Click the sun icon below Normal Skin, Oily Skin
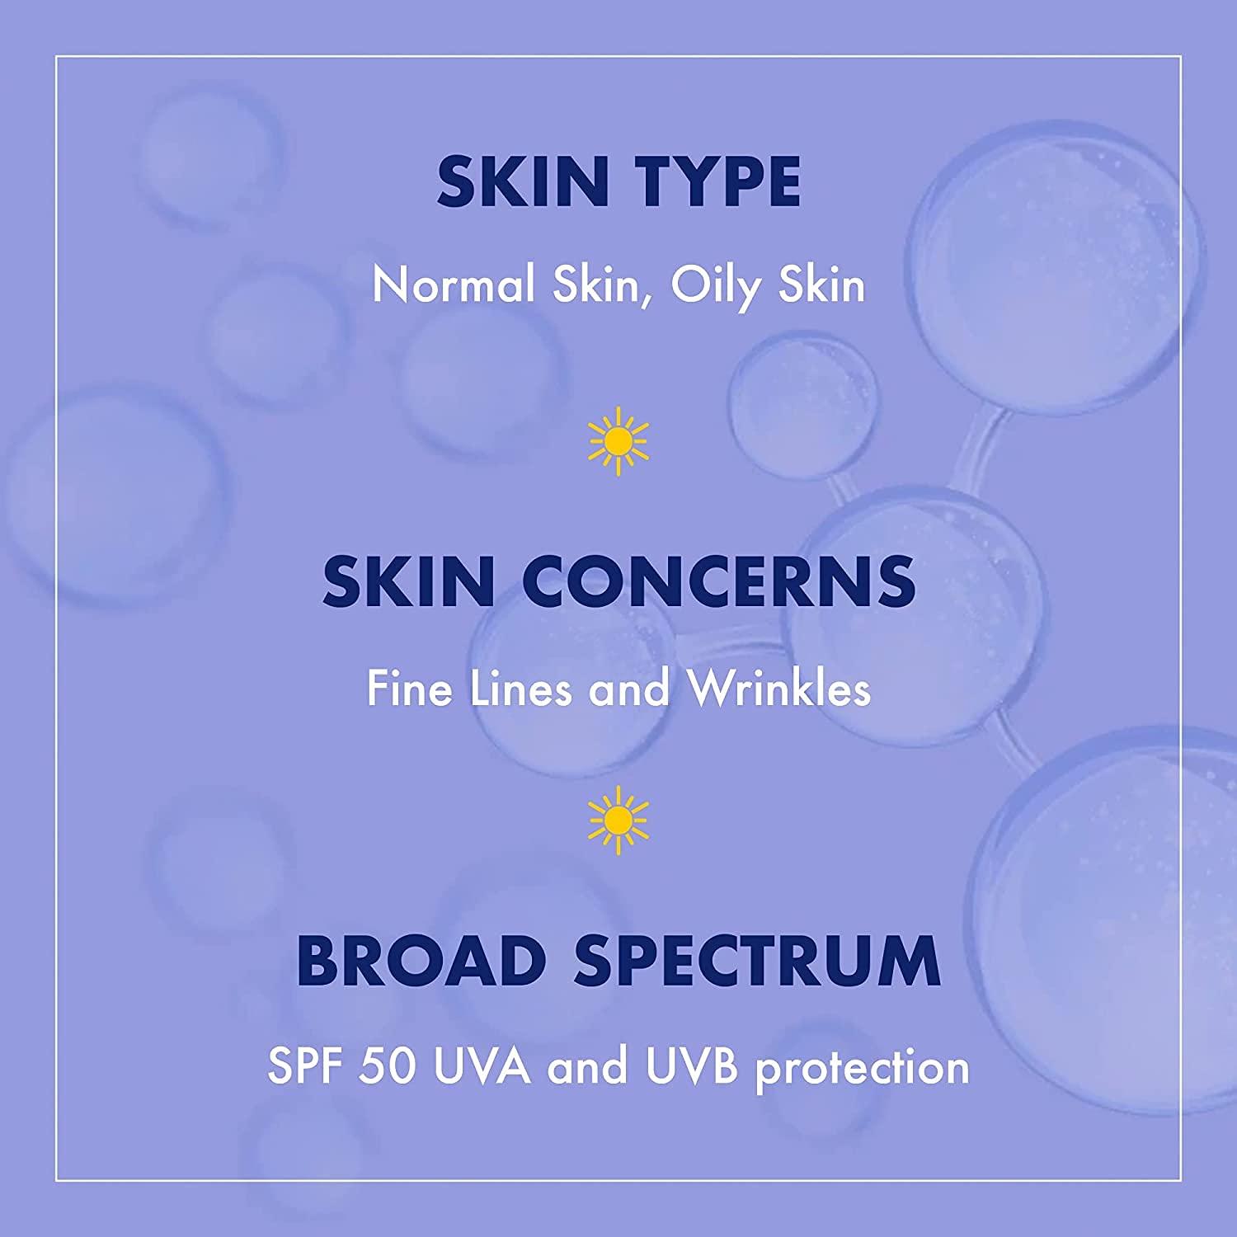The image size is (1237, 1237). (618, 446)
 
